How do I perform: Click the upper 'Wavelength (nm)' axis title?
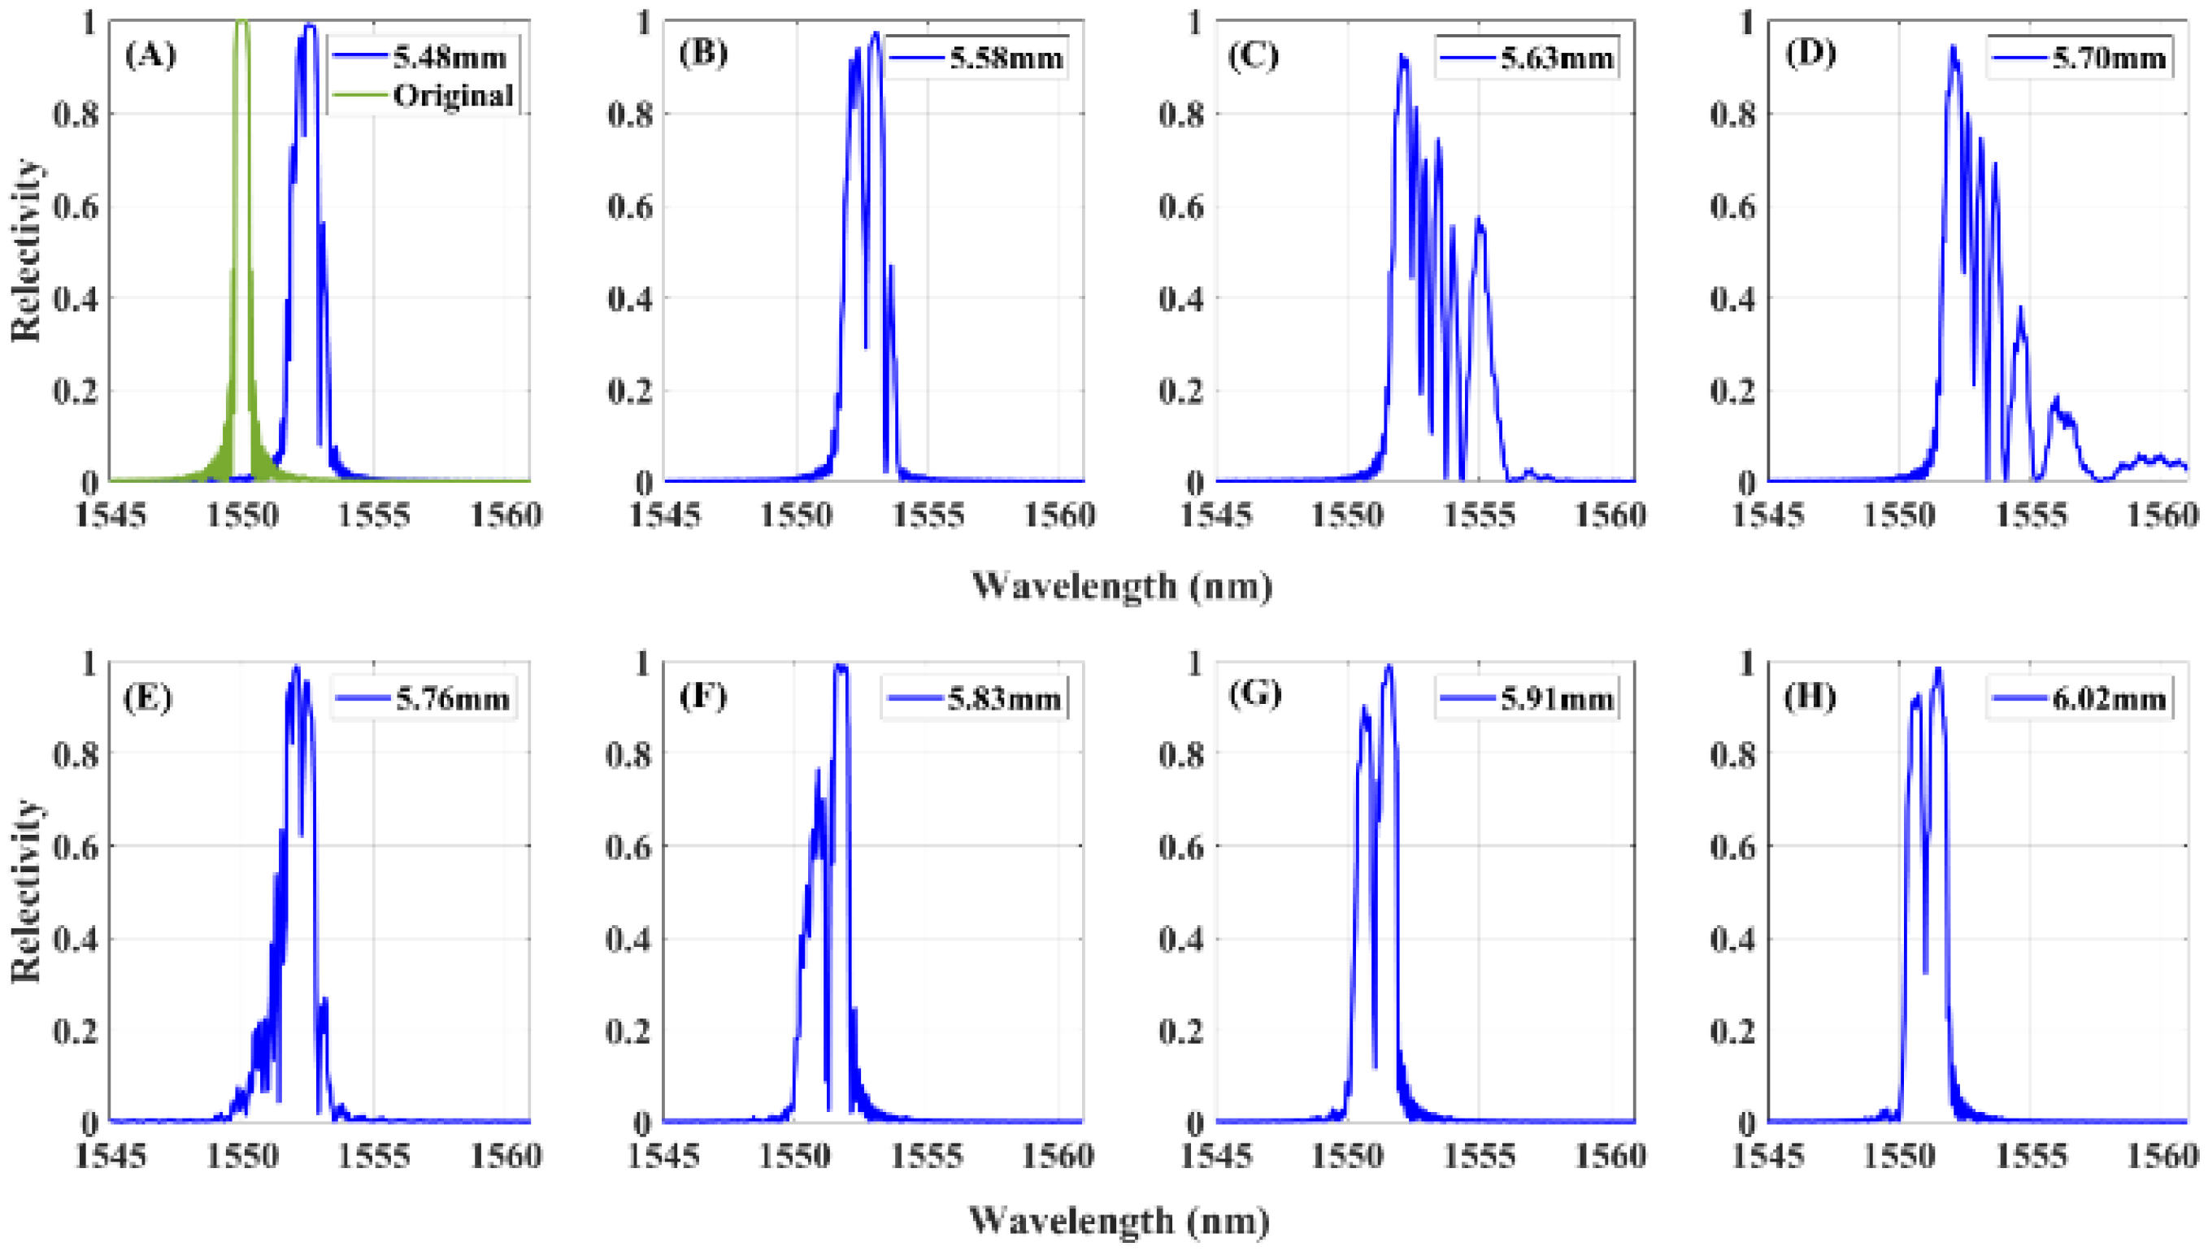pos(1121,586)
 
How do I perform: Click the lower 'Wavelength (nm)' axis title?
pos(1119,1219)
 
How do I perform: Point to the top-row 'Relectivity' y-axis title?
pos(26,250)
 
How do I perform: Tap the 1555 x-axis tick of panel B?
pos(928,515)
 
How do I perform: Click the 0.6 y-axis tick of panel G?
pos(1182,847)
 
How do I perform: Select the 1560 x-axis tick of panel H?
pos(2162,1156)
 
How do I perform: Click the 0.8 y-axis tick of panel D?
pos(1733,114)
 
